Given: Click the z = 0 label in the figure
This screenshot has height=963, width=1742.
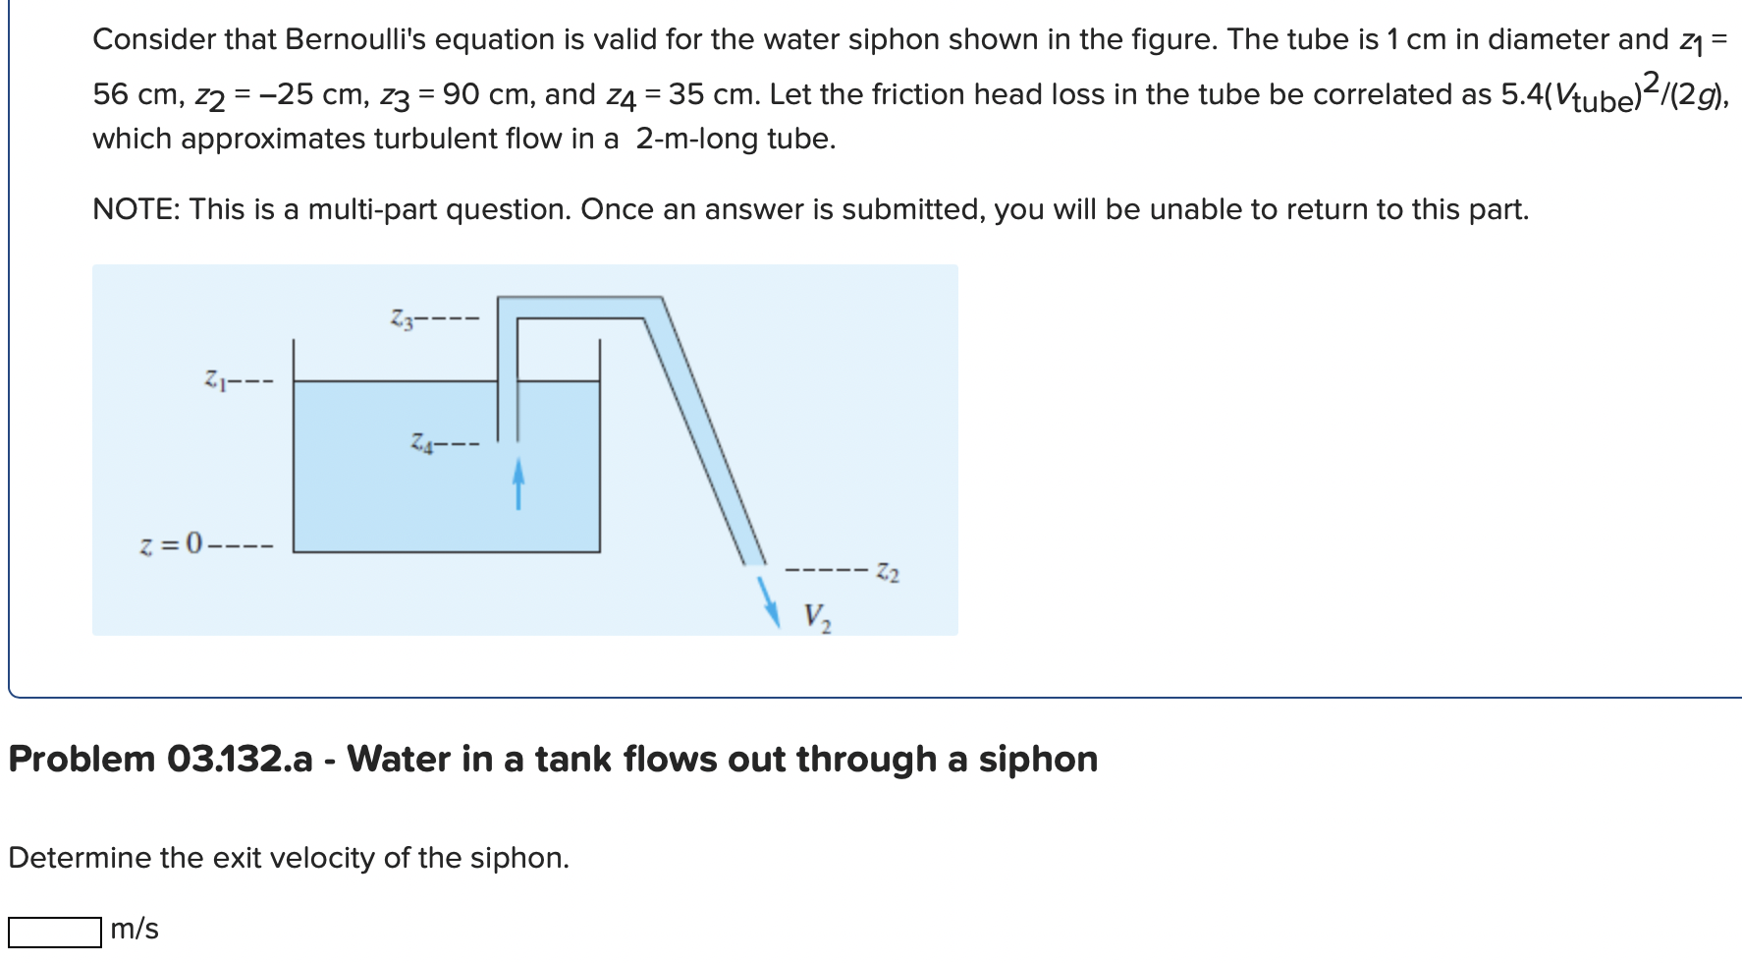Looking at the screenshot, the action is [x=171, y=542].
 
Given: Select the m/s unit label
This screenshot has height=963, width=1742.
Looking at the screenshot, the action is [x=135, y=929].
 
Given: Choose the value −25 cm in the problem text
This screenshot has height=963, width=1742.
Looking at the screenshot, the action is [x=297, y=94].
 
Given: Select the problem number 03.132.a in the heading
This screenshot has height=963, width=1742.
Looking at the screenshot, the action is [x=240, y=759].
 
